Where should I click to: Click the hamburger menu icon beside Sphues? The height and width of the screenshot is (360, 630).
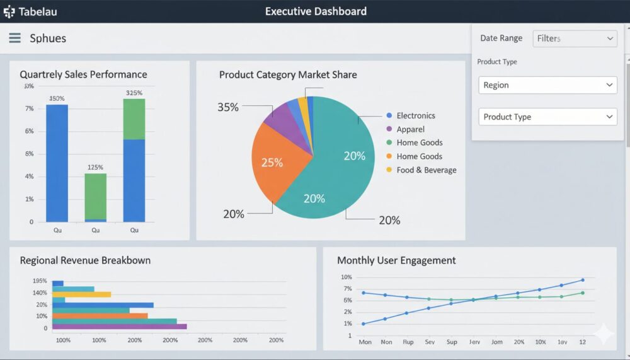pos(14,38)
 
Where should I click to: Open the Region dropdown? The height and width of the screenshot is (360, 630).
pos(547,85)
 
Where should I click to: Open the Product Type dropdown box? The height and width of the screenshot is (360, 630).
pos(547,117)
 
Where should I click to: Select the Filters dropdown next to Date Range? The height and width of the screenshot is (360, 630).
pos(575,38)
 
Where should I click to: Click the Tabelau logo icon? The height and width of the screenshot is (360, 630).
pos(9,11)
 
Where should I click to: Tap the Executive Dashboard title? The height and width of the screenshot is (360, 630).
pos(316,11)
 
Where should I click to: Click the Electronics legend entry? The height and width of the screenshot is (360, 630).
pos(415,115)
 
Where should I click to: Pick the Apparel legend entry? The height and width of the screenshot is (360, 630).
pos(410,129)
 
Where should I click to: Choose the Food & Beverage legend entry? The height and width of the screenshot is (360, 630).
pos(426,170)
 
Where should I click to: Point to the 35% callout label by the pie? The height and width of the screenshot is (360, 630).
pos(228,107)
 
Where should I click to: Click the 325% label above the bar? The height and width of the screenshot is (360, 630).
pos(134,93)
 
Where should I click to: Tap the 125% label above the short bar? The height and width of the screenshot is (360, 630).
pos(95,168)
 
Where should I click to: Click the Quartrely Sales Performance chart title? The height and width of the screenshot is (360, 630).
pos(83,74)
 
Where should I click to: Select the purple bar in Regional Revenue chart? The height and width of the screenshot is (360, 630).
pos(119,327)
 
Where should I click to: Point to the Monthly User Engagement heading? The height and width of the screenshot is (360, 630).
pos(396,260)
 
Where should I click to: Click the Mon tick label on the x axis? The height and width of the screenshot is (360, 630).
pos(365,342)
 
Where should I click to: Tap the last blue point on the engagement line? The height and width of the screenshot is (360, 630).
pos(583,280)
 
